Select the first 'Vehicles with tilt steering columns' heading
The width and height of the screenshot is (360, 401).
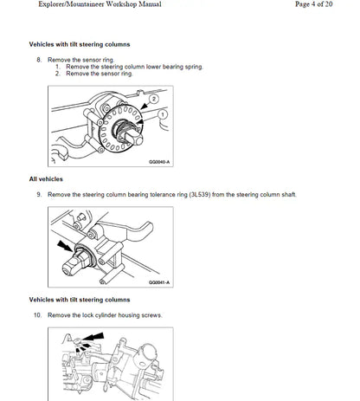coord(87,43)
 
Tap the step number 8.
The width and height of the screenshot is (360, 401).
coord(38,60)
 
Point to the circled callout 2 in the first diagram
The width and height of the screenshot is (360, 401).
coord(153,100)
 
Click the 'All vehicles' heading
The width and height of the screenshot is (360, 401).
coord(46,178)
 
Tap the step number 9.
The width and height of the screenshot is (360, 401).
coord(38,195)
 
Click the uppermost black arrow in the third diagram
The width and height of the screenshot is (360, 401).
coord(94,335)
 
